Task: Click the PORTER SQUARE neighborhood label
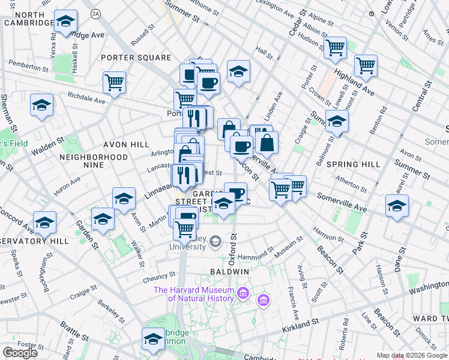click(136, 58)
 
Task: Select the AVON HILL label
click(126, 145)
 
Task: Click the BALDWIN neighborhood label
click(229, 271)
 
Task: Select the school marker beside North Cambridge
click(65, 22)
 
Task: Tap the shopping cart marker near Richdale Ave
click(113, 82)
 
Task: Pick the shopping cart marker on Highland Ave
click(365, 65)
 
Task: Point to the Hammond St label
click(256, 254)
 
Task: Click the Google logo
click(20, 353)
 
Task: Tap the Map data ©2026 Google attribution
click(412, 355)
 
